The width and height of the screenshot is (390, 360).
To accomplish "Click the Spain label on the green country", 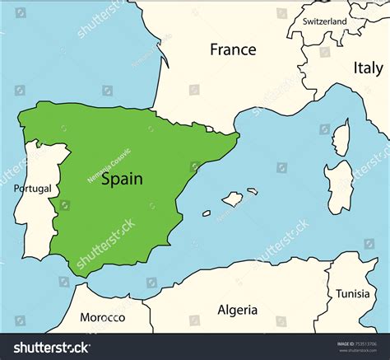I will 122,178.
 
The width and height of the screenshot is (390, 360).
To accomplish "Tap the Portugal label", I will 32,189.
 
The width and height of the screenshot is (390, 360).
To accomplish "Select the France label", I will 233,49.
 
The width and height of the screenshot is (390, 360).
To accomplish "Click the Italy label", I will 367,68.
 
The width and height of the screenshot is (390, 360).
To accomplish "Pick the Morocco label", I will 103,317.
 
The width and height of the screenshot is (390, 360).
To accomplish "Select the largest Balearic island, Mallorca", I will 233,199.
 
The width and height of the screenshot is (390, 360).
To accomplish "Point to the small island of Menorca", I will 253,191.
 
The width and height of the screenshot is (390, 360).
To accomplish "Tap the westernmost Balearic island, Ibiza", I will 207,213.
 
